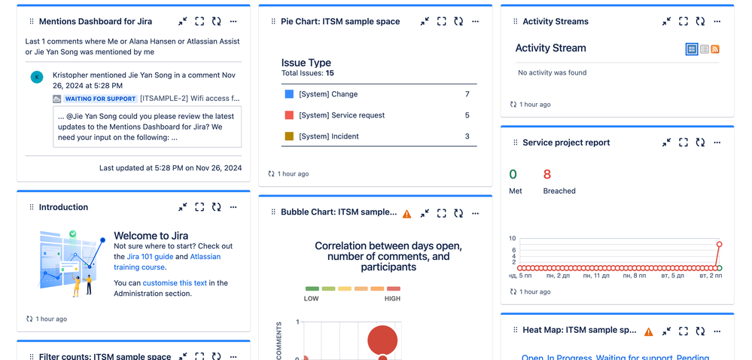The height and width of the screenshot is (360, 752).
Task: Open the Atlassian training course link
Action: pyautogui.click(x=205, y=257)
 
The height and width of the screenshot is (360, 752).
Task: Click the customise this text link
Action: pyautogui.click(x=175, y=283)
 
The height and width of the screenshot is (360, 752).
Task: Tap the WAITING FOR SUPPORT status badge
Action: pyautogui.click(x=100, y=99)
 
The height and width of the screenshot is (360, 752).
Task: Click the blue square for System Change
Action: pyautogui.click(x=289, y=94)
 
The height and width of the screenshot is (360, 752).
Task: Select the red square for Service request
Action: pyautogui.click(x=289, y=115)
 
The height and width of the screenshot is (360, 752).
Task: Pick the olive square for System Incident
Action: pyautogui.click(x=289, y=136)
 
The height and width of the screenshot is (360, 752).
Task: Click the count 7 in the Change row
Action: pyautogui.click(x=467, y=94)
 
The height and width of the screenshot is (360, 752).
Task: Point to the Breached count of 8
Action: pyautogui.click(x=547, y=175)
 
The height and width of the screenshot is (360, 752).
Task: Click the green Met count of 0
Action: pyautogui.click(x=513, y=175)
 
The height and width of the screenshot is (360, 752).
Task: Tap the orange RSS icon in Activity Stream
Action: pyautogui.click(x=715, y=49)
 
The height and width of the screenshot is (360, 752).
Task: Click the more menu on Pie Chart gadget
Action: pyautogui.click(x=475, y=22)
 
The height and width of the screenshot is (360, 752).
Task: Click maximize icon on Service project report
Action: pyautogui.click(x=683, y=142)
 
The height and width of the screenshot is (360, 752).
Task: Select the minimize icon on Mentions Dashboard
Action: pyautogui.click(x=183, y=22)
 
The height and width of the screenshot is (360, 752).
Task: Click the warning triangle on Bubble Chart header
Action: pyautogui.click(x=407, y=213)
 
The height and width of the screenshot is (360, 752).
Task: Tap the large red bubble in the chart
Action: pyautogui.click(x=382, y=340)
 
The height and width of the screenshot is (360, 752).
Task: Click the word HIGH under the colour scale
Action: pyautogui.click(x=392, y=299)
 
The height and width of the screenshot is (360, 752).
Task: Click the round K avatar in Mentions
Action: pyautogui.click(x=37, y=77)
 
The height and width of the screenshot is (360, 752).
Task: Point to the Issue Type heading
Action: pyautogui.click(x=306, y=63)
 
